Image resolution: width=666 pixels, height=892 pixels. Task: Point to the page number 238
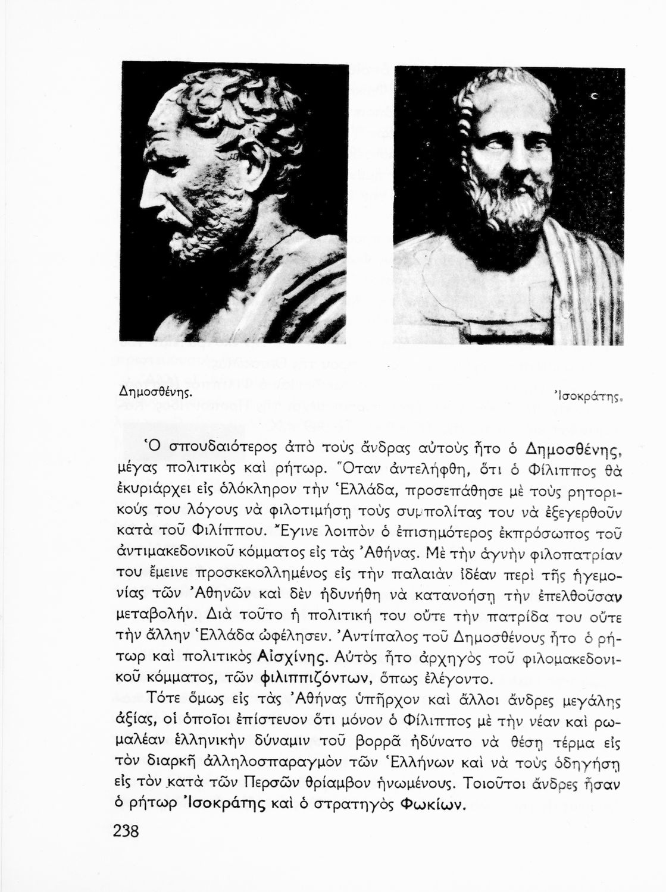point(126,830)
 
